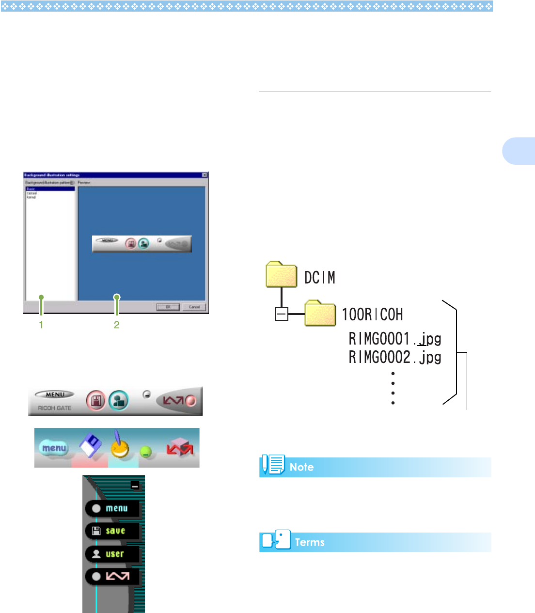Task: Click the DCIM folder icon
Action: pos(281,275)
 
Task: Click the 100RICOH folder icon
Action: pos(320,314)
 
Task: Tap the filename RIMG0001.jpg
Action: pos(394,338)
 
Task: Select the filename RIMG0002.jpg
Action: pos(394,358)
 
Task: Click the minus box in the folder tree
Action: pos(281,314)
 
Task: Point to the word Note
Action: pos(301,467)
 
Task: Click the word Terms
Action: pos(310,542)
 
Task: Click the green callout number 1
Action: pos(41,325)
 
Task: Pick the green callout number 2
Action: pos(116,325)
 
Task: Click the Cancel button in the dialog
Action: pos(194,307)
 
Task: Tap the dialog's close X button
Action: pos(204,175)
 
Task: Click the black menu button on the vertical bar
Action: pos(112,508)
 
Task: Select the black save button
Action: pos(112,531)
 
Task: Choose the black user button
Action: pos(112,554)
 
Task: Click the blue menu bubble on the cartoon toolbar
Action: pos(54,448)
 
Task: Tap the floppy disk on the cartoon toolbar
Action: pos(90,445)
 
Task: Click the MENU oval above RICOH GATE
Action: pos(55,394)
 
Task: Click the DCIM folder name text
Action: pos(319,278)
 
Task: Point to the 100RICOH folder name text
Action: pos(372,314)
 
